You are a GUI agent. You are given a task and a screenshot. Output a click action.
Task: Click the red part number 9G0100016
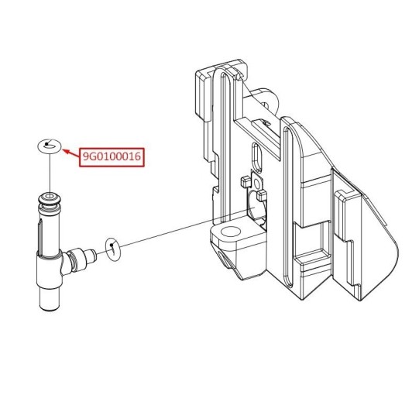click(112, 156)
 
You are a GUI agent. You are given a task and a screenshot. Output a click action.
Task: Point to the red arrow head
click(66, 152)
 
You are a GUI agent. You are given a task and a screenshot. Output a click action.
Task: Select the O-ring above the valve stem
click(50, 146)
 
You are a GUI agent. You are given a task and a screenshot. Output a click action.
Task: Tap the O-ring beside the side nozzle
click(113, 249)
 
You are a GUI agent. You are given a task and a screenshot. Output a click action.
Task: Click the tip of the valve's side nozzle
click(93, 256)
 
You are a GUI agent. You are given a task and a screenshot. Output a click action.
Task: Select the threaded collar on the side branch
click(76, 259)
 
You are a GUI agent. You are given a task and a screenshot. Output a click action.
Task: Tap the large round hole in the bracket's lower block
click(231, 232)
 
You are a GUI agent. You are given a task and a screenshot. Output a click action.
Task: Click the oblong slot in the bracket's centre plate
click(257, 158)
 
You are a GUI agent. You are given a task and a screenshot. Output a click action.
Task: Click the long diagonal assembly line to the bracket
click(184, 228)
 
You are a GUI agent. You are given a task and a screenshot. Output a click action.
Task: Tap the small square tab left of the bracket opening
click(245, 182)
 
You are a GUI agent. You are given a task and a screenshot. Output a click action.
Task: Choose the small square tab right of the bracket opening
click(261, 196)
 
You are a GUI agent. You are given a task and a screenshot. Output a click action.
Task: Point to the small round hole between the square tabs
click(257, 184)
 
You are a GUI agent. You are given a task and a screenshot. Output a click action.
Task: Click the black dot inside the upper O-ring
click(46, 144)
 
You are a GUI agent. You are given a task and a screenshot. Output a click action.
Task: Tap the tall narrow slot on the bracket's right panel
click(288, 206)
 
